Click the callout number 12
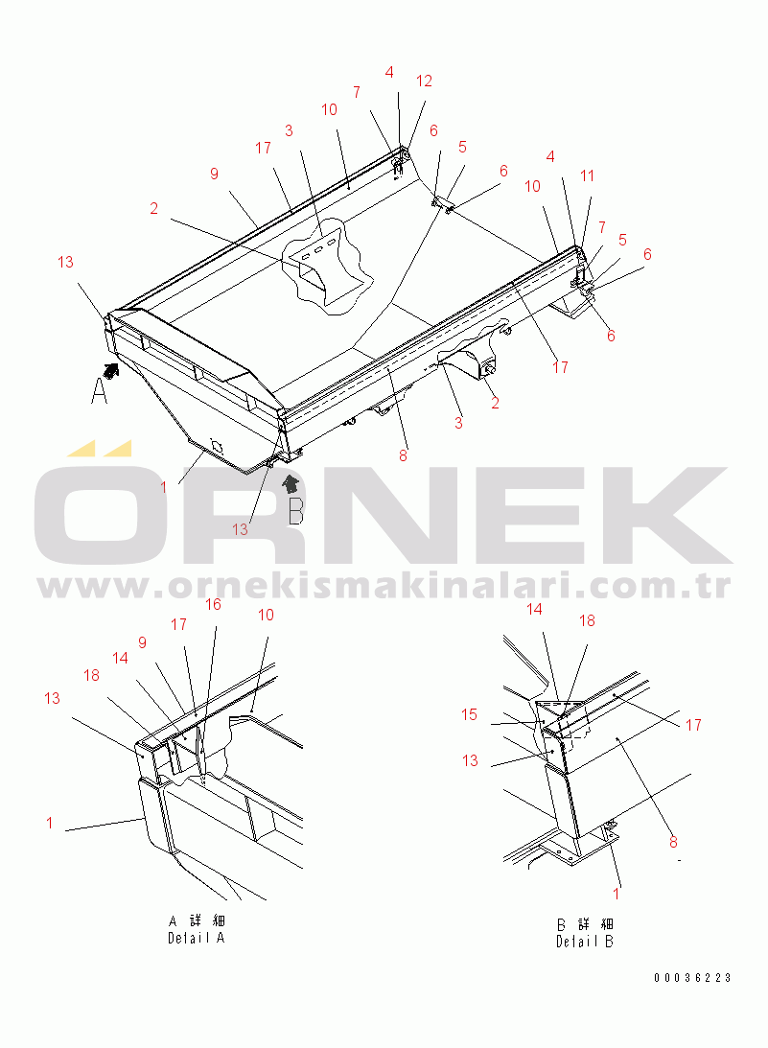tap(424, 81)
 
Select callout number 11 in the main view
tap(587, 175)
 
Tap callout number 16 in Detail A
tap(213, 605)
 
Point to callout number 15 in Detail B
tap(469, 714)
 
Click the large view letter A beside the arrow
tap(99, 390)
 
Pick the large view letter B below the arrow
tap(296, 510)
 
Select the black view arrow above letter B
tap(291, 483)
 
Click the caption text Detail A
tap(197, 938)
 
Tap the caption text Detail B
tap(585, 941)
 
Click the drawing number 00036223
tap(692, 977)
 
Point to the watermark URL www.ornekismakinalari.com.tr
tap(384, 586)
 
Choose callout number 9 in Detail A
tap(142, 643)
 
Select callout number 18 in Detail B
tap(587, 621)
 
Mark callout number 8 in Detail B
tap(673, 842)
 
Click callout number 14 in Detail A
tap(120, 659)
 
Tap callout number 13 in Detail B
tap(471, 760)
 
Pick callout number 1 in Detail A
tap(50, 822)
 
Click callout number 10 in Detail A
tap(266, 615)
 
